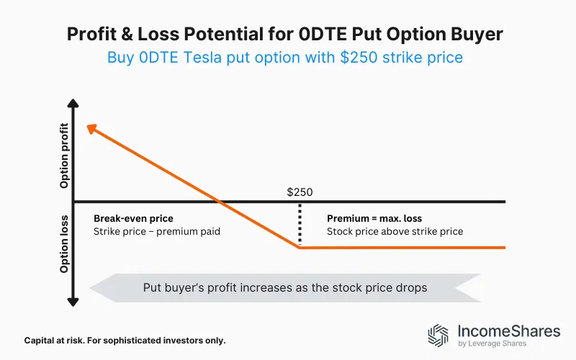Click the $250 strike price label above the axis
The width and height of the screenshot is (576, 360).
300,192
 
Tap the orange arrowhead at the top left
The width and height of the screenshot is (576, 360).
90,128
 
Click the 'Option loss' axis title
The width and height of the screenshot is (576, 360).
65,244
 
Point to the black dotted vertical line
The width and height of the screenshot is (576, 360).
300,225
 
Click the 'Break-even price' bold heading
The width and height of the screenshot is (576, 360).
133,218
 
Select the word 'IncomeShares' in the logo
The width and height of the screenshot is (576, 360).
508,331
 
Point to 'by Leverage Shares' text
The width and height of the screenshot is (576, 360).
492,344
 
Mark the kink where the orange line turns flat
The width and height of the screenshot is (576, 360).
300,248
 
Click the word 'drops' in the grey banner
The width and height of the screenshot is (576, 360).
410,287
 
